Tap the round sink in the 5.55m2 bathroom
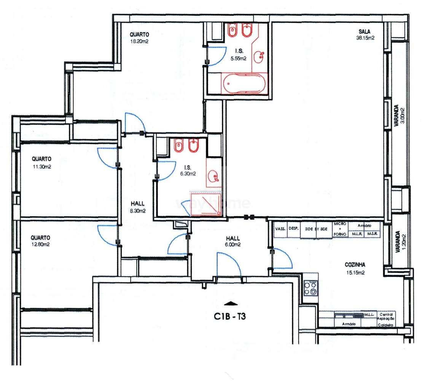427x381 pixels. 261,58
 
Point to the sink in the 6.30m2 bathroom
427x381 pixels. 213,176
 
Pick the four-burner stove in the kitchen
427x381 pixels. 311,288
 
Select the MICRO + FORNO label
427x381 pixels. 339,229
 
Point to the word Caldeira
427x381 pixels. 385,325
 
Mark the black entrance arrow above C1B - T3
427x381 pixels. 231,303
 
